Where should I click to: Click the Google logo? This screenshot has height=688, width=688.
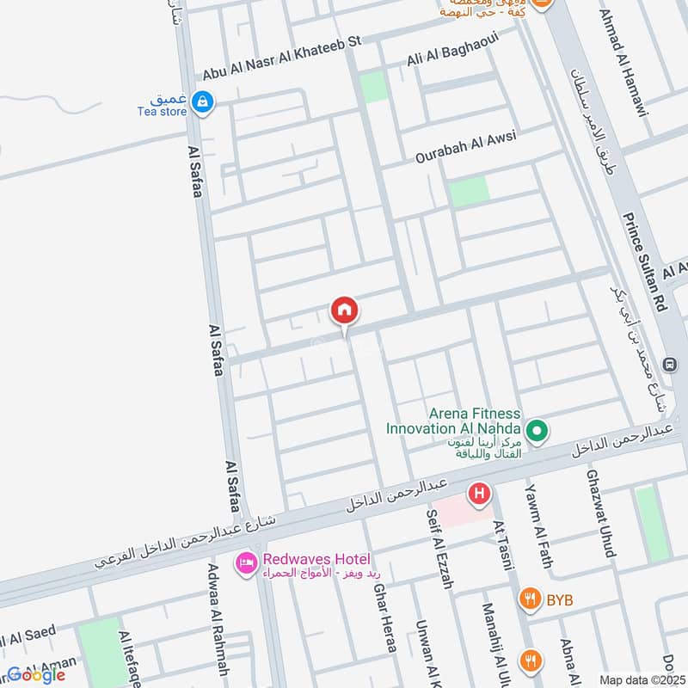(36, 675)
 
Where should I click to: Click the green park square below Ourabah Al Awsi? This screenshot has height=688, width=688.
(469, 191)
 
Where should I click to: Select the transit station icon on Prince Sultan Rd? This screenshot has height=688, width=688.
(669, 365)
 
